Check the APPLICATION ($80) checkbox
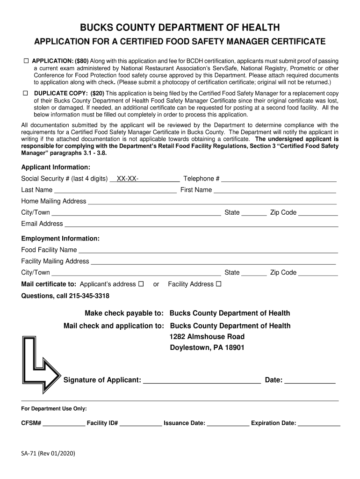pyautogui.click(x=27, y=61)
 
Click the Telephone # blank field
pyautogui.click(x=279, y=179)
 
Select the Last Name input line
pyautogui.click(x=115, y=190)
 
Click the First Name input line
pyautogui.click(x=275, y=190)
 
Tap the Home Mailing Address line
pyautogui.click(x=212, y=202)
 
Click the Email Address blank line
pyautogui.click(x=201, y=224)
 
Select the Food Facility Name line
pyautogui.click(x=208, y=250)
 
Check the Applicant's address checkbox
pyautogui.click(x=141, y=284)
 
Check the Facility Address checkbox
pyautogui.click(x=218, y=284)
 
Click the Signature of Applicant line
pyautogui.click(x=202, y=380)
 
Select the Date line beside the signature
pyautogui.click(x=310, y=380)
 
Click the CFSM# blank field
pyautogui.click(x=64, y=423)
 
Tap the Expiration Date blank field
pyautogui.click(x=319, y=423)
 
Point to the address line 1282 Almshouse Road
pyautogui.click(x=207, y=337)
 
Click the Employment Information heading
pyautogui.click(x=60, y=239)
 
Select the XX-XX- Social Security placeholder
pyautogui.click(x=127, y=179)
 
